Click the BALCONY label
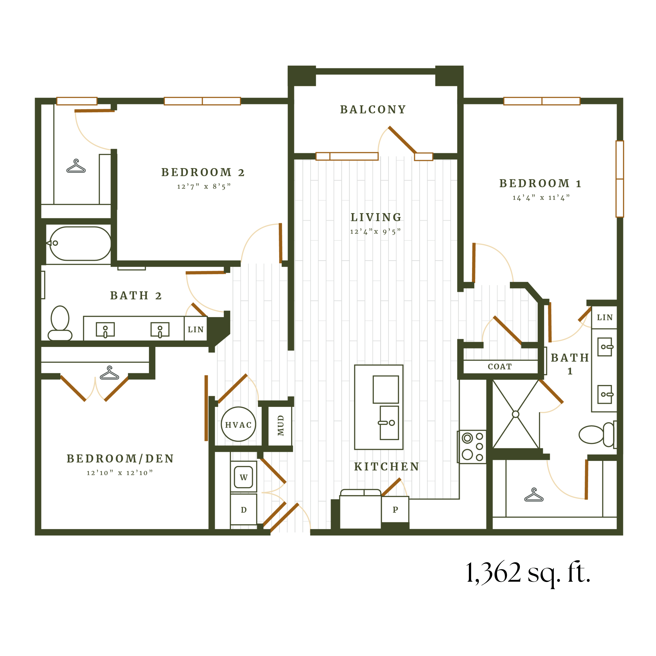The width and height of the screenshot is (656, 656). click(x=373, y=110)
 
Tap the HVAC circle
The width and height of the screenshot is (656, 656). click(x=238, y=424)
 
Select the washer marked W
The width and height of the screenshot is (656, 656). click(x=243, y=477)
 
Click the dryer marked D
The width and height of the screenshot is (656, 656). click(x=243, y=510)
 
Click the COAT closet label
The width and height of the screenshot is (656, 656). click(x=499, y=367)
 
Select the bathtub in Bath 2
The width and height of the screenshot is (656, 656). click(x=80, y=243)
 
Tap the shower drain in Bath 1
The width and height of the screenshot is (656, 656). click(x=515, y=414)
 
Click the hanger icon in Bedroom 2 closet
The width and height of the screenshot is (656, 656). click(x=76, y=166)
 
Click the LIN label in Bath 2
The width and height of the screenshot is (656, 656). click(x=196, y=329)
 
